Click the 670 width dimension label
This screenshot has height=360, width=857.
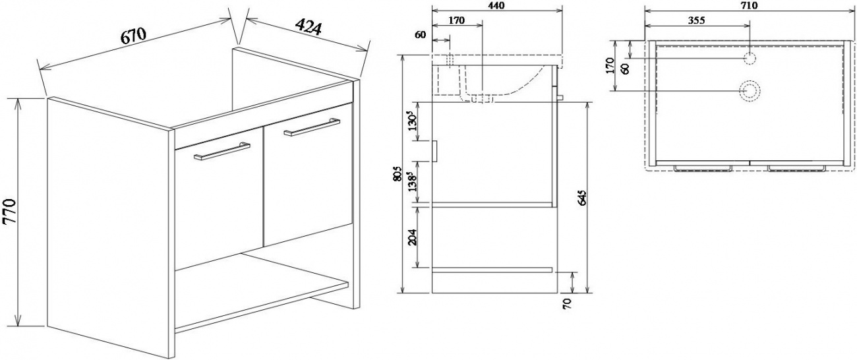[134, 36]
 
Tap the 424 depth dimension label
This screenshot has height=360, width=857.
[309, 27]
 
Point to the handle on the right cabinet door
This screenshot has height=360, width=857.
[312, 127]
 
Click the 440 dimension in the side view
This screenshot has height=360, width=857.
[496, 5]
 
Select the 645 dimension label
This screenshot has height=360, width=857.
[582, 197]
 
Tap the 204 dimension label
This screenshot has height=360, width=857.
[413, 237]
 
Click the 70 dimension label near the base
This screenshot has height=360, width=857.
[568, 303]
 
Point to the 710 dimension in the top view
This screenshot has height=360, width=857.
[748, 5]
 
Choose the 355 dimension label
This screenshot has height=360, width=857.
[696, 20]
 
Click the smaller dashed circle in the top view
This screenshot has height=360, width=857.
[750, 58]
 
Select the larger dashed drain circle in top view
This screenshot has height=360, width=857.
[749, 91]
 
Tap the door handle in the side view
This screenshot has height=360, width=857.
[434, 152]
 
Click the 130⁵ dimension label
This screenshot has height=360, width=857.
[413, 121]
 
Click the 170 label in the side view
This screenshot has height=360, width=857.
[456, 20]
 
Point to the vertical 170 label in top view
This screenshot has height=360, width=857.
[611, 65]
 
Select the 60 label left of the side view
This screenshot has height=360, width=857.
[420, 35]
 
